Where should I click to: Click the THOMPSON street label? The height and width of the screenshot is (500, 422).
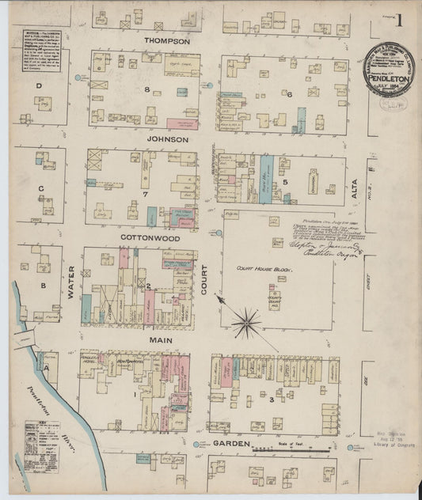tap(166, 41)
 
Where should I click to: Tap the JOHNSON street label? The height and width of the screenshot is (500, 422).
tap(166, 139)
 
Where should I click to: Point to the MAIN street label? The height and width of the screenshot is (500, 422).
tap(161, 339)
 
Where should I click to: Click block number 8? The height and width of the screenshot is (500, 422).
tap(146, 89)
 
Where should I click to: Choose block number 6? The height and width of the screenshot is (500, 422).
tap(291, 94)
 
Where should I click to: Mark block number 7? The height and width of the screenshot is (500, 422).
tap(145, 193)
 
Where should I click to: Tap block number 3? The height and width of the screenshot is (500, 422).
tap(272, 398)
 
